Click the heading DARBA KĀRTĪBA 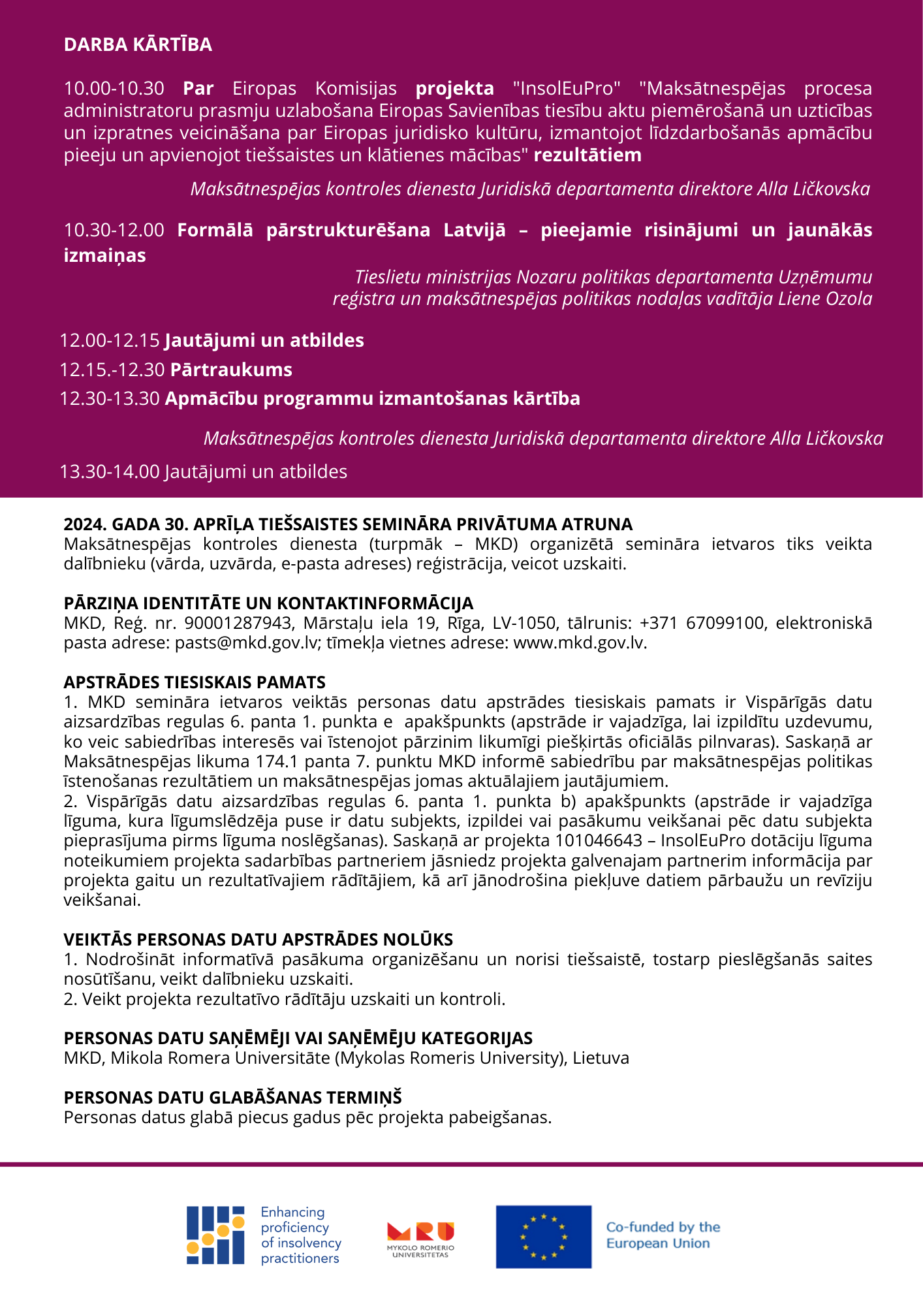[x=138, y=44]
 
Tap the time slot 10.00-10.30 [x=114, y=88]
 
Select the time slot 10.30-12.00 [x=114, y=230]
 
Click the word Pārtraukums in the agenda [x=231, y=370]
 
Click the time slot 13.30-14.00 [x=109, y=471]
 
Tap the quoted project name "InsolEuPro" [x=566, y=88]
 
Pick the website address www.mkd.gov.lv [x=579, y=643]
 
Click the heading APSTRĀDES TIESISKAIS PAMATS [x=195, y=682]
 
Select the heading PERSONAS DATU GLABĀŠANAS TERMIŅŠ [x=232, y=1098]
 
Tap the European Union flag [x=543, y=1237]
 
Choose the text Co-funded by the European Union [x=663, y=1235]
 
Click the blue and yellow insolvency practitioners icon [x=215, y=1235]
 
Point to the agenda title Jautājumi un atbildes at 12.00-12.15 [x=264, y=340]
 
